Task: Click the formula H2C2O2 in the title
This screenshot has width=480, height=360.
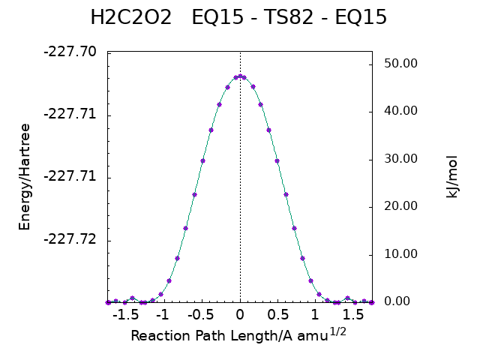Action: coord(131,18)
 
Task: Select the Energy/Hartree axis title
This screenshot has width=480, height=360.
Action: coord(25,177)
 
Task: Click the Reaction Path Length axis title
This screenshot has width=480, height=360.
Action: coord(238,335)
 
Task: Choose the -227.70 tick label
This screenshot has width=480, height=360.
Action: coord(70,52)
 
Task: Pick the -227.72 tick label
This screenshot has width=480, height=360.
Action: coord(70,240)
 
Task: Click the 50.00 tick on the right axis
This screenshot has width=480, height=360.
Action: coord(400,64)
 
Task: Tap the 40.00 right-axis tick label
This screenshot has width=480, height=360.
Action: coord(400,111)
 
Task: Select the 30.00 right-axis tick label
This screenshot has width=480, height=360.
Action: coord(400,159)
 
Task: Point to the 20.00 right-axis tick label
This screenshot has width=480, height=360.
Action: coord(400,206)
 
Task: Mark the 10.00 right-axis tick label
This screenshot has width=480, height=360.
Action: coord(400,254)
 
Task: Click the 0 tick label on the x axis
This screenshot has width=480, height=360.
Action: coord(240,316)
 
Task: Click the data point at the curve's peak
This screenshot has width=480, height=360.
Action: coord(240,76)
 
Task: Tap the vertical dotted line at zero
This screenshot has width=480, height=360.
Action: coord(240,187)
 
